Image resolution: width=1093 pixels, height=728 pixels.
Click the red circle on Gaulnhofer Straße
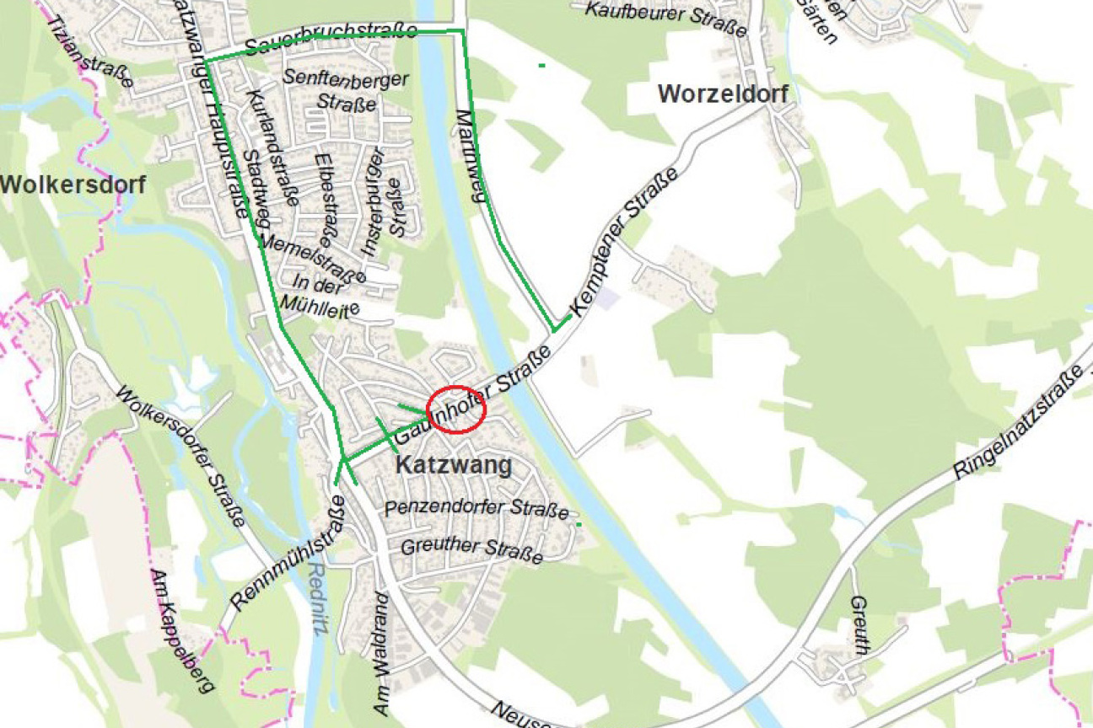(456, 409)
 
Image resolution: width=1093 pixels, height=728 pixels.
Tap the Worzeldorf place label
(723, 94)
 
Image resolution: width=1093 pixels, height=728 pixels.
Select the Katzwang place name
(454, 466)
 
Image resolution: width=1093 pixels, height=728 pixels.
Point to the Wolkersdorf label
(73, 184)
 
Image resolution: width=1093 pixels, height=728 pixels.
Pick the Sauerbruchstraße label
(331, 37)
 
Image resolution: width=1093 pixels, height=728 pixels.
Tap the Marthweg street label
(469, 156)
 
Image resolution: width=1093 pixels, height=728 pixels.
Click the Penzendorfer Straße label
(477, 508)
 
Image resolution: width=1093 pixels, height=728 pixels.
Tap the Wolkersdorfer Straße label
(180, 456)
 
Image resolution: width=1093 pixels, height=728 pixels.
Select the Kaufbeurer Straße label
(665, 18)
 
